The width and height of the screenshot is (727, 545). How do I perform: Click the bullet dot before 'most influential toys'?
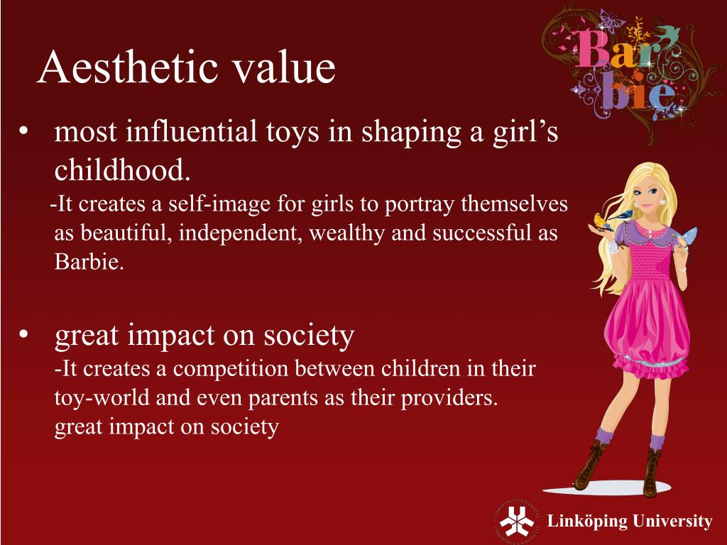click(25, 133)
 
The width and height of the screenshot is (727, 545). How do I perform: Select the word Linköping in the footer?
click(587, 522)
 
